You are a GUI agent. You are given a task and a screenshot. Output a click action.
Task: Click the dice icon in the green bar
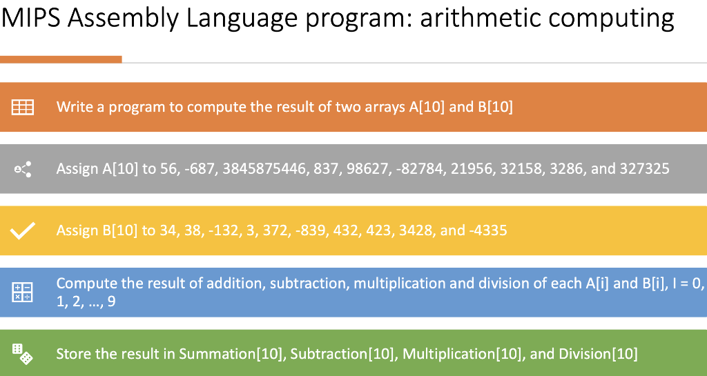[22, 355]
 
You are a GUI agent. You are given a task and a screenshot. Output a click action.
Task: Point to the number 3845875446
[265, 169]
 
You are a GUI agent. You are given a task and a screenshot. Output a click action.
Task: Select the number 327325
[645, 169]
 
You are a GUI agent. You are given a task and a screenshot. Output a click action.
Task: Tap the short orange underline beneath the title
[61, 60]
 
